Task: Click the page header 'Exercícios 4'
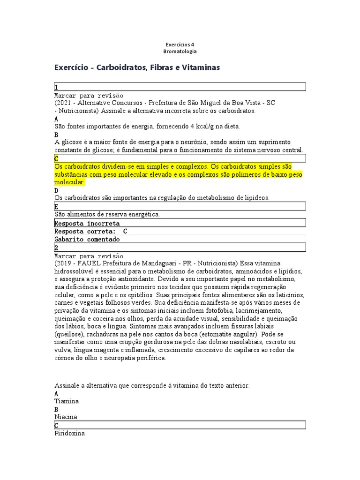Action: pos(180,45)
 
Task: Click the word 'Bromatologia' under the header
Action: pos(180,51)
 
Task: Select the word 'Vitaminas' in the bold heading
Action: pos(199,68)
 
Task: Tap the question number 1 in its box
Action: pos(56,87)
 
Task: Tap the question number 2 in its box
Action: pos(56,247)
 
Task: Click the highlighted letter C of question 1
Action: pos(57,158)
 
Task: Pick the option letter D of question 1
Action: pos(57,191)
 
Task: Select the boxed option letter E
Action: pos(57,207)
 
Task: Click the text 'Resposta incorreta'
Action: pos(87,223)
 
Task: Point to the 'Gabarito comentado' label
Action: pos(87,239)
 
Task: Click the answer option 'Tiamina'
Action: pos(67,401)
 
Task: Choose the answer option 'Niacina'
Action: pos(66,417)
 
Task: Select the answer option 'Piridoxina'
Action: pos(70,434)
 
